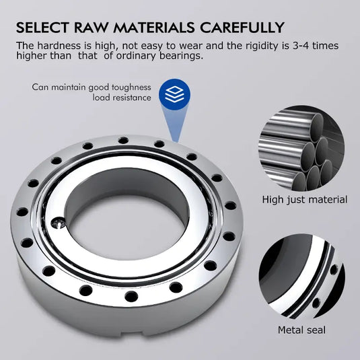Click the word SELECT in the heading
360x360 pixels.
coord(41,28)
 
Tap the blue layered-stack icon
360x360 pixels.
coord(175,92)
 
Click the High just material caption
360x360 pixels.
coord(304,200)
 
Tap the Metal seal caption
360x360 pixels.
coord(302,330)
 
